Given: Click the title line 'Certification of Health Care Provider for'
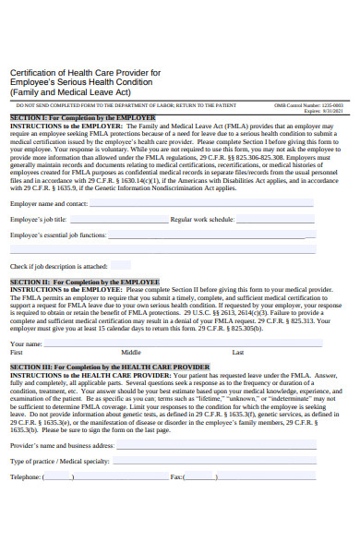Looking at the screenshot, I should tap(85, 73).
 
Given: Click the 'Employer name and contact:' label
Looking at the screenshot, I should tap(49, 203).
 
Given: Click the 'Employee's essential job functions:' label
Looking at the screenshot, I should tap(58, 235).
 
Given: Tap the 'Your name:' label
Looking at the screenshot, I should tap(26, 343).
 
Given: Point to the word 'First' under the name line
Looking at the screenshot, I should tap(17, 353).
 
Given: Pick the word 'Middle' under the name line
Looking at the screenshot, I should tap(131, 353).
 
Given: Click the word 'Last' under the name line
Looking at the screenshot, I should tap(238, 353).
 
